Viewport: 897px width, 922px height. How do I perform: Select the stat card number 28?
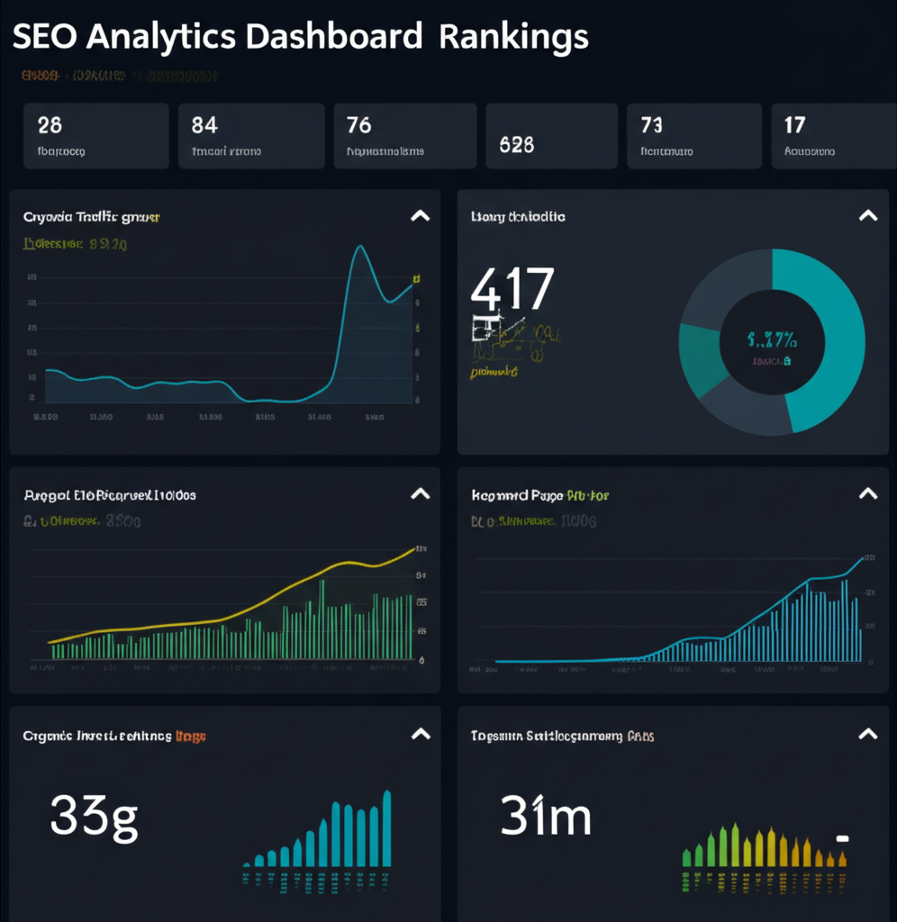[x=50, y=124]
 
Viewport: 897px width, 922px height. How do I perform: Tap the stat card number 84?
[x=204, y=124]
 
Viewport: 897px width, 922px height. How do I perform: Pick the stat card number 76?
[x=358, y=124]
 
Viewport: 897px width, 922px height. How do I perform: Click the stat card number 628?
[x=516, y=144]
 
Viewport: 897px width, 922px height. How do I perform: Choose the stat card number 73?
[x=651, y=124]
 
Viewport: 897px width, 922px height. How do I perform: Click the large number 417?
[x=512, y=291]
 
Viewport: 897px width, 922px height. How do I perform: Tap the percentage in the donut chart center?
[x=772, y=340]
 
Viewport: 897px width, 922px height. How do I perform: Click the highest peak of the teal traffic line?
[x=360, y=246]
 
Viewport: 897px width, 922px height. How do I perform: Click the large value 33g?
[x=94, y=818]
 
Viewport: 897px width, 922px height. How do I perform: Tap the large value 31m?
[x=546, y=818]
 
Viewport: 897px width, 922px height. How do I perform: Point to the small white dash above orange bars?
[x=842, y=838]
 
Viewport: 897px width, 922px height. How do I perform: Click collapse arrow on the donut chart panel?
[x=867, y=216]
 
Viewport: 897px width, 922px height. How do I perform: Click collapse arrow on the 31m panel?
[x=867, y=735]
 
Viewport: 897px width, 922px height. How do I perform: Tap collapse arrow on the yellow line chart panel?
[x=420, y=493]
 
